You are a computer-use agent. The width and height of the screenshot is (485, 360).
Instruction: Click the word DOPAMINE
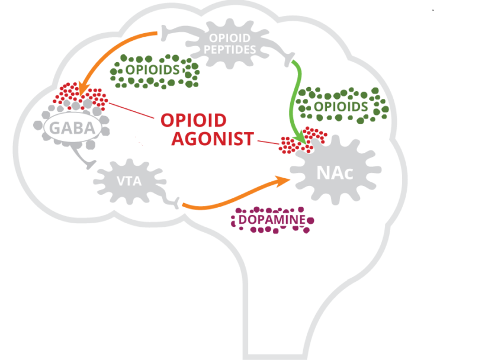272,221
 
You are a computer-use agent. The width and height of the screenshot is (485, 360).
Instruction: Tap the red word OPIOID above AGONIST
194,121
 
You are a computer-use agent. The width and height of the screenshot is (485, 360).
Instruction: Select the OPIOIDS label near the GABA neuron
152,70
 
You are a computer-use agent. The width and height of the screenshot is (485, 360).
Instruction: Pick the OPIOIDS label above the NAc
341,107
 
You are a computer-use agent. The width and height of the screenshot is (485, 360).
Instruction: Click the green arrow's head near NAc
303,139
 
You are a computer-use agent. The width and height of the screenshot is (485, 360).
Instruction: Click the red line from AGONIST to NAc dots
267,142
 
